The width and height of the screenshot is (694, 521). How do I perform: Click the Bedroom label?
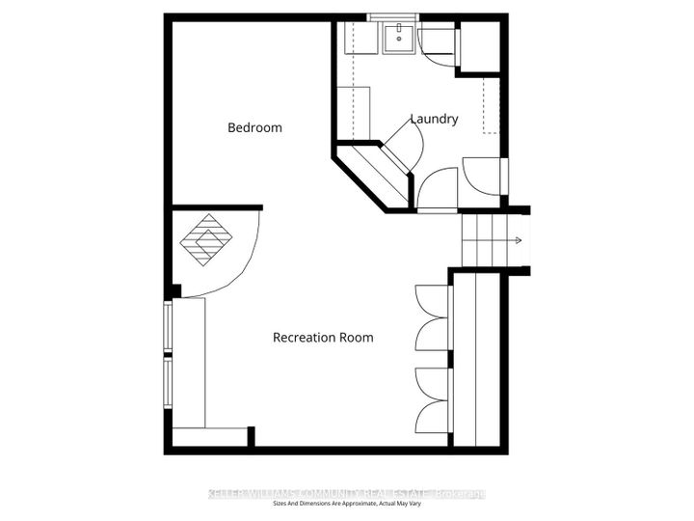(x=254, y=127)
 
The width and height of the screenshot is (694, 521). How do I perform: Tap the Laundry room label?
(x=434, y=119)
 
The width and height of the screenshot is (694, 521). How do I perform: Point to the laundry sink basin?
(x=396, y=40)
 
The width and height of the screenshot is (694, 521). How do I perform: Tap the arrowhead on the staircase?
(x=519, y=241)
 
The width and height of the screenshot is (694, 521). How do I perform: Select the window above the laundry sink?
(x=392, y=17)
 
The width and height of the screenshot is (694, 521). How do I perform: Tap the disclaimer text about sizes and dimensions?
(x=347, y=505)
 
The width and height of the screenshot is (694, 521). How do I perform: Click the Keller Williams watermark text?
(x=347, y=494)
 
